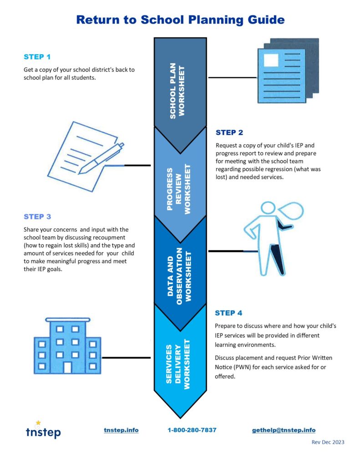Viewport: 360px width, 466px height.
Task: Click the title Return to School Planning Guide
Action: pyautogui.click(x=180, y=20)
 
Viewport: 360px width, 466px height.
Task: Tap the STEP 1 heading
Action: pyautogui.click(x=37, y=57)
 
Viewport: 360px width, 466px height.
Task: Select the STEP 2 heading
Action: pyautogui.click(x=229, y=132)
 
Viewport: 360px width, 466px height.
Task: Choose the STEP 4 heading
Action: pyautogui.click(x=228, y=313)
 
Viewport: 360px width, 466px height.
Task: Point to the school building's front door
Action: pyautogui.click(x=67, y=367)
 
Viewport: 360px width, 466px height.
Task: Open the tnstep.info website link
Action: pyautogui.click(x=121, y=430)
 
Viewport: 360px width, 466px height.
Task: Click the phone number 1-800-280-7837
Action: pyautogui.click(x=192, y=430)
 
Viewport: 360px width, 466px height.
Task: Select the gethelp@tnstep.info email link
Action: pyautogui.click(x=284, y=430)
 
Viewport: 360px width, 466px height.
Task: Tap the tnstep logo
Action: pyautogui.click(x=43, y=431)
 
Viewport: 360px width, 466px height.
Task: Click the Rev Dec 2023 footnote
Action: pyautogui.click(x=328, y=442)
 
